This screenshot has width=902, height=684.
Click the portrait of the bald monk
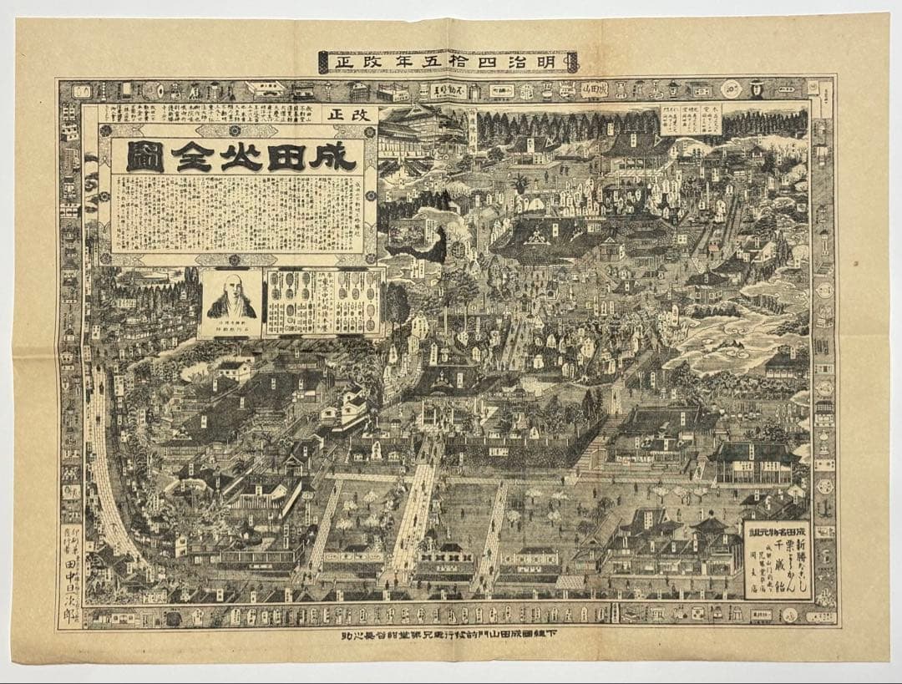pyautogui.click(x=231, y=299)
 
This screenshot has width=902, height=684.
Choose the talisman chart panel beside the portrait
pyautogui.click(x=323, y=301)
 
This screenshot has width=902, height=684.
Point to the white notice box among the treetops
pyautogui.click(x=691, y=119)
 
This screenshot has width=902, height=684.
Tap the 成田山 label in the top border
pyautogui.click(x=594, y=89)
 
